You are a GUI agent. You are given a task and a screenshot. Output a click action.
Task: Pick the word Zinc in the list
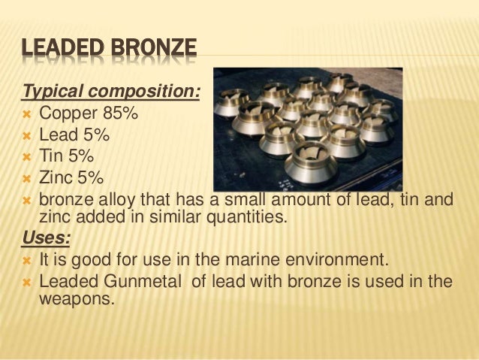click(x=56, y=178)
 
